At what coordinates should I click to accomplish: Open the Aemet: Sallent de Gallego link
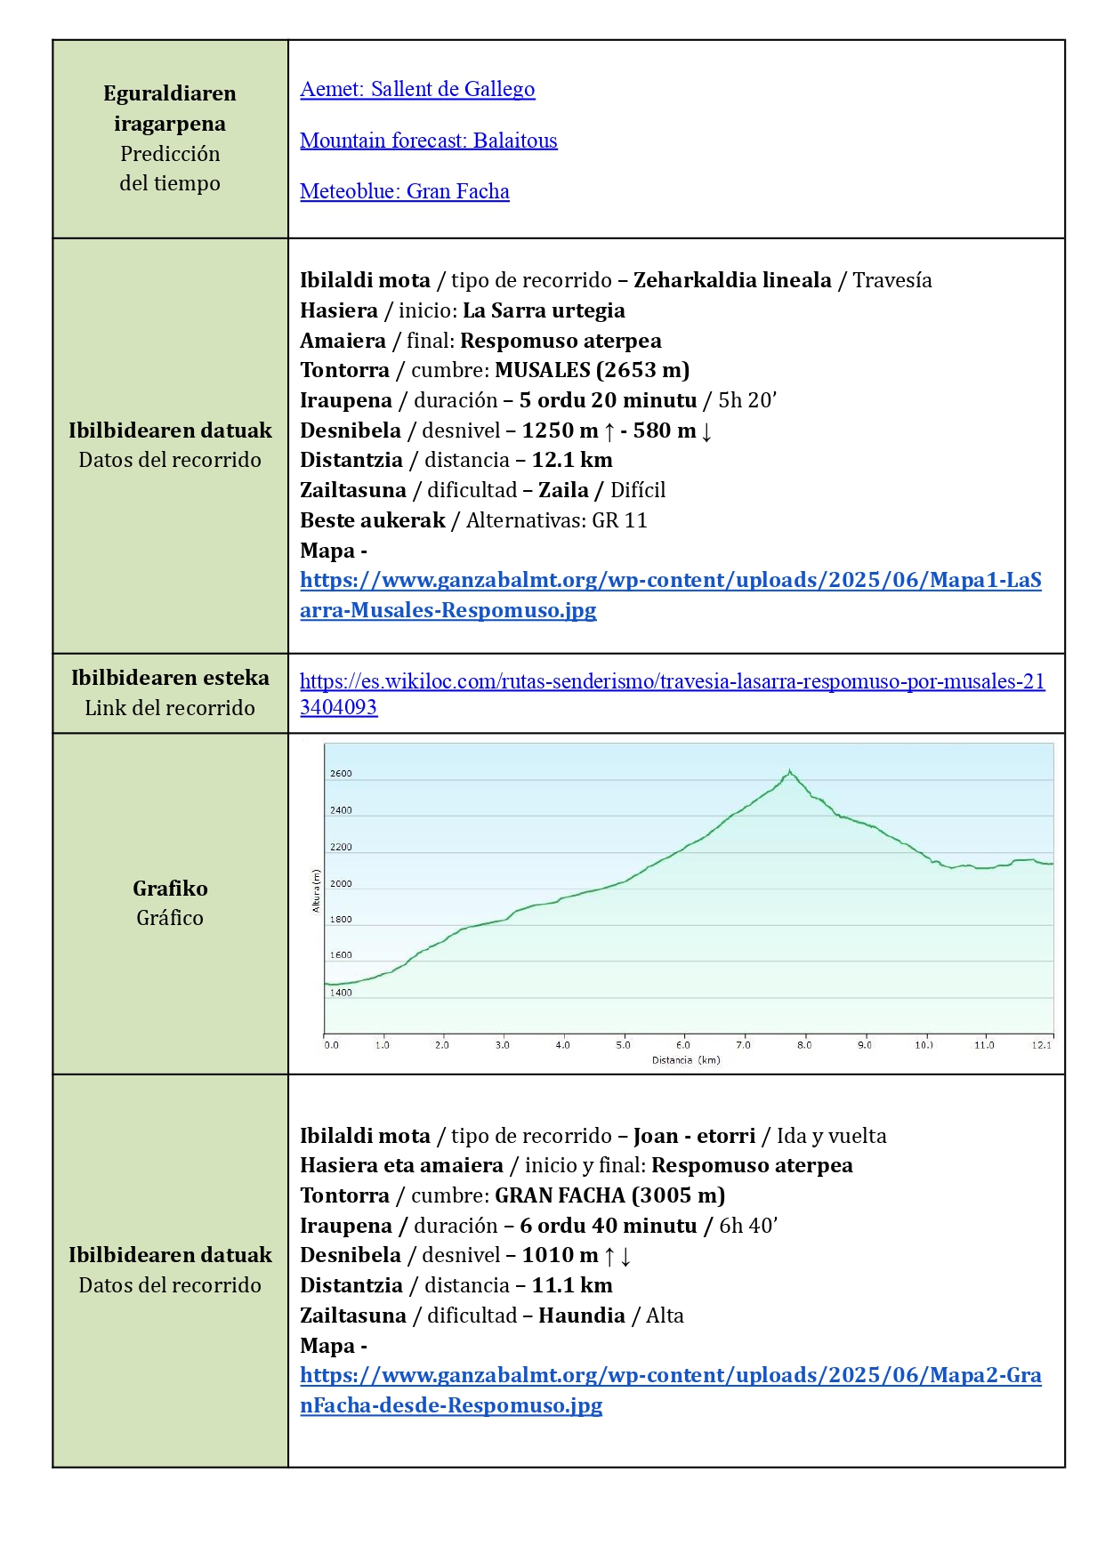(x=417, y=89)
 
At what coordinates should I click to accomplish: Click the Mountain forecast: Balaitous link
(x=428, y=141)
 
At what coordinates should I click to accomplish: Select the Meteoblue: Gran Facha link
(x=404, y=191)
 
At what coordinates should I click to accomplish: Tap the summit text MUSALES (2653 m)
(x=592, y=370)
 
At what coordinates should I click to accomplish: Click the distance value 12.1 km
(x=572, y=460)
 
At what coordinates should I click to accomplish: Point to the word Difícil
(x=638, y=490)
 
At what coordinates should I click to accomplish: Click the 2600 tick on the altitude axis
(x=341, y=774)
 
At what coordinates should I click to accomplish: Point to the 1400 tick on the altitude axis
(x=341, y=993)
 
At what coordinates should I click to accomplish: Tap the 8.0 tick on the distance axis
(x=804, y=1045)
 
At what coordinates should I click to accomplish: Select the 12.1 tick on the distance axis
(x=1042, y=1045)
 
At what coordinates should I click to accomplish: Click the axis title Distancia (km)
(x=686, y=1060)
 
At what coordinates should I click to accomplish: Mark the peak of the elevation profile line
(x=789, y=771)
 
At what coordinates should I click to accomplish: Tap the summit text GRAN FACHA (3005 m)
(x=609, y=1195)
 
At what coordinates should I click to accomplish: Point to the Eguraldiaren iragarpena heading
(x=170, y=109)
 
